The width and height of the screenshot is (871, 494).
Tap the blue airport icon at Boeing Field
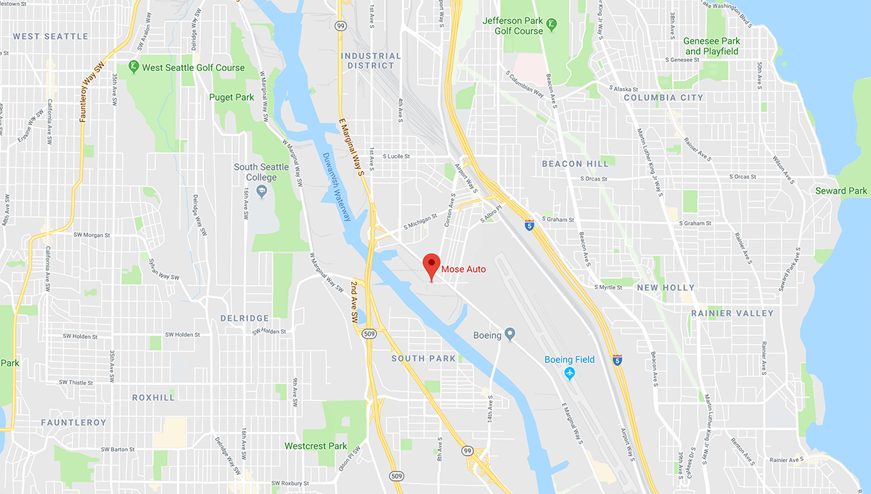570,373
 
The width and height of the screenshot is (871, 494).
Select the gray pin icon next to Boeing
510,334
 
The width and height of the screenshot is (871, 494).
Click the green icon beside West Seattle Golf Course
134,67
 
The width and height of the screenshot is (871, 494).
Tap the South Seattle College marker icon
262,191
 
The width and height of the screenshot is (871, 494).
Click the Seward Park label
841,191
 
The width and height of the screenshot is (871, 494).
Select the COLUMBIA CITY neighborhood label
663,97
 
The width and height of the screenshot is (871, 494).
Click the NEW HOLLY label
666,288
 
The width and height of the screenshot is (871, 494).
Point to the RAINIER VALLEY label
732,313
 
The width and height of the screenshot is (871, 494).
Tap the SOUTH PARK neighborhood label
424,358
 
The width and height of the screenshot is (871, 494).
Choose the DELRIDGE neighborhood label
245,318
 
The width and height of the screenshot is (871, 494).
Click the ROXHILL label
154,398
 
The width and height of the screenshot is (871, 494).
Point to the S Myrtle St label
608,287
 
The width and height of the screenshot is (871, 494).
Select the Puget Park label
232,96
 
